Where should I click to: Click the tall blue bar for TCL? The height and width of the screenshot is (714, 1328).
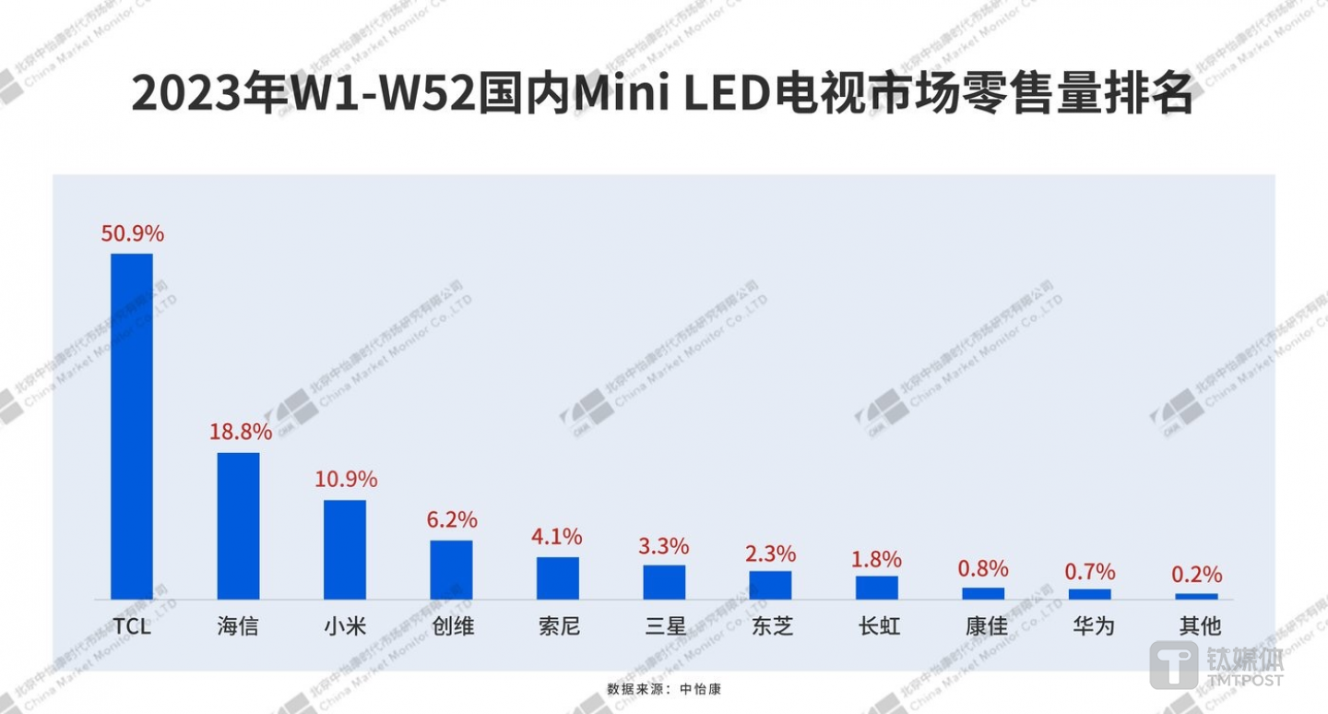click(132, 426)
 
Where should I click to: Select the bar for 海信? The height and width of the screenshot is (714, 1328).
click(238, 526)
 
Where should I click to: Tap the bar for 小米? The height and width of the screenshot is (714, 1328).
click(345, 550)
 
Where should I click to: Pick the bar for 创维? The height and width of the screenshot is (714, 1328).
click(451, 570)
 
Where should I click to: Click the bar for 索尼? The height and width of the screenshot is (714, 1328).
click(558, 578)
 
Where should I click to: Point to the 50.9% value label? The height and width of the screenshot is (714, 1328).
click(132, 233)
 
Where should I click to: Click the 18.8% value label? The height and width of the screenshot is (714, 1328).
click(239, 432)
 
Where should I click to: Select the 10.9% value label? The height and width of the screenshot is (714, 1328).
click(345, 480)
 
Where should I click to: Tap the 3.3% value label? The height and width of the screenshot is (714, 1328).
click(664, 545)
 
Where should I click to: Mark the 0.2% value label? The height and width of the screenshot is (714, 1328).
click(1197, 575)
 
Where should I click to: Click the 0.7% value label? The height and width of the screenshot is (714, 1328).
click(1090, 572)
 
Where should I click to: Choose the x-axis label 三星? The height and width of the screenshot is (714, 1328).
click(665, 627)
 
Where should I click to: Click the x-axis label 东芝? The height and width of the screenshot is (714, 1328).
click(771, 627)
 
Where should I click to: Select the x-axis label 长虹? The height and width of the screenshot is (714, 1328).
click(877, 627)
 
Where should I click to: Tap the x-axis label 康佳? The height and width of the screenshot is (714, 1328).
click(984, 627)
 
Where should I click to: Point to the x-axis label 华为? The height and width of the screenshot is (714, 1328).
click(1091, 627)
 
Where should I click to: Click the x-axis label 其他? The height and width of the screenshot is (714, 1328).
click(1197, 627)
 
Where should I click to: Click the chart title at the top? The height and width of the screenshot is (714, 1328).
click(663, 94)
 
